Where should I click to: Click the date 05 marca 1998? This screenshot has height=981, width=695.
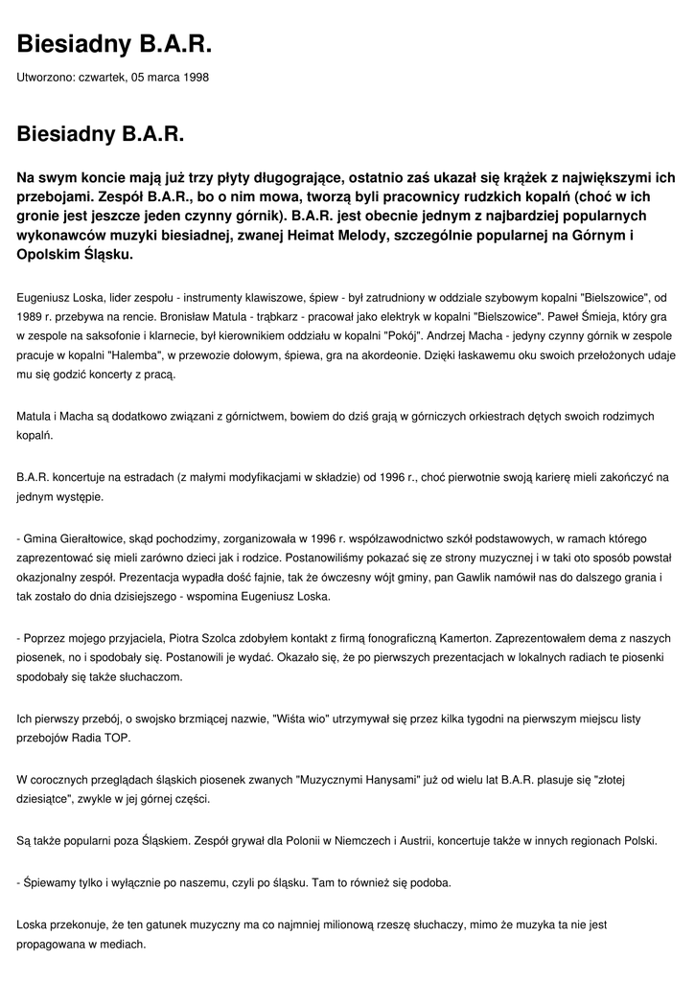168,77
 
